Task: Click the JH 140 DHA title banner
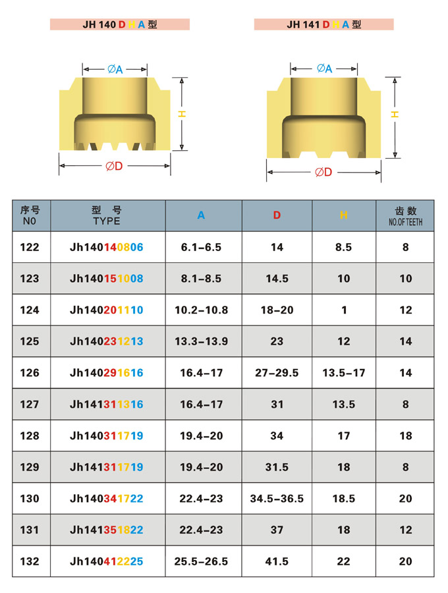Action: (x=119, y=24)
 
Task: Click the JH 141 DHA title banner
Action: (x=323, y=24)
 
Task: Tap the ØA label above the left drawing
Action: (x=115, y=69)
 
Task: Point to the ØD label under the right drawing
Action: (x=323, y=173)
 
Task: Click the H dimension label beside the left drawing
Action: (x=182, y=114)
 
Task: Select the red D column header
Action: (x=277, y=215)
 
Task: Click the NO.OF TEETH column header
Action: (x=405, y=222)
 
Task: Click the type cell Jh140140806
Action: (x=107, y=247)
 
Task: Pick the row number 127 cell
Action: (x=30, y=405)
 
